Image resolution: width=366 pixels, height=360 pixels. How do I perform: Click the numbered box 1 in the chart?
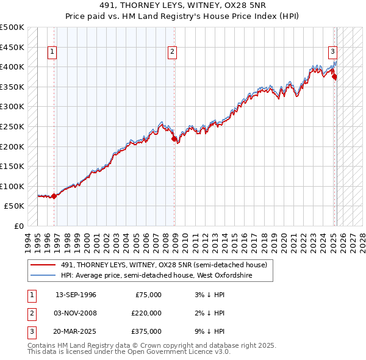coord(52,52)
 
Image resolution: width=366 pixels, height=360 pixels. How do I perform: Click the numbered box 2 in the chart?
coord(173,52)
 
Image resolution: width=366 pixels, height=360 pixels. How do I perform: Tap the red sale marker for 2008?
coord(174,139)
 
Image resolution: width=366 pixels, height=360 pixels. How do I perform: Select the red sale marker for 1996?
coord(54,196)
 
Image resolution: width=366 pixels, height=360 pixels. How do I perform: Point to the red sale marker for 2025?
coord(334,77)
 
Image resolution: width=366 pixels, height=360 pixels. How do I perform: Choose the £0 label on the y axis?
coord(18,226)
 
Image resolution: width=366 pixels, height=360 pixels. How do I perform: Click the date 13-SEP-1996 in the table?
coord(76,295)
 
